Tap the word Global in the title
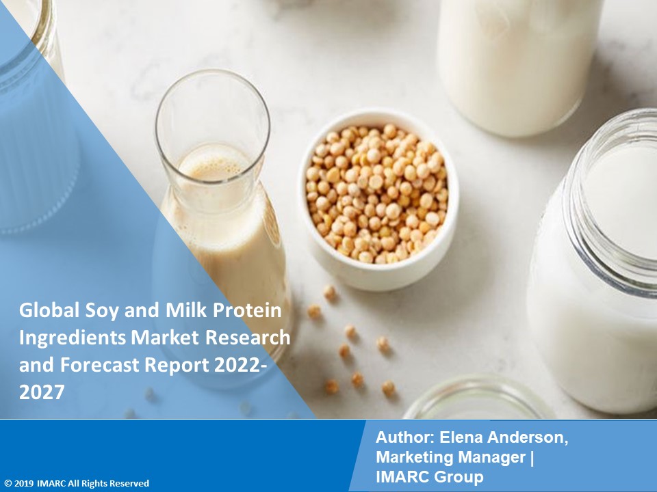(42, 312)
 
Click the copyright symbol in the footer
(7, 483)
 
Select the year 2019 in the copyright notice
(25, 483)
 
